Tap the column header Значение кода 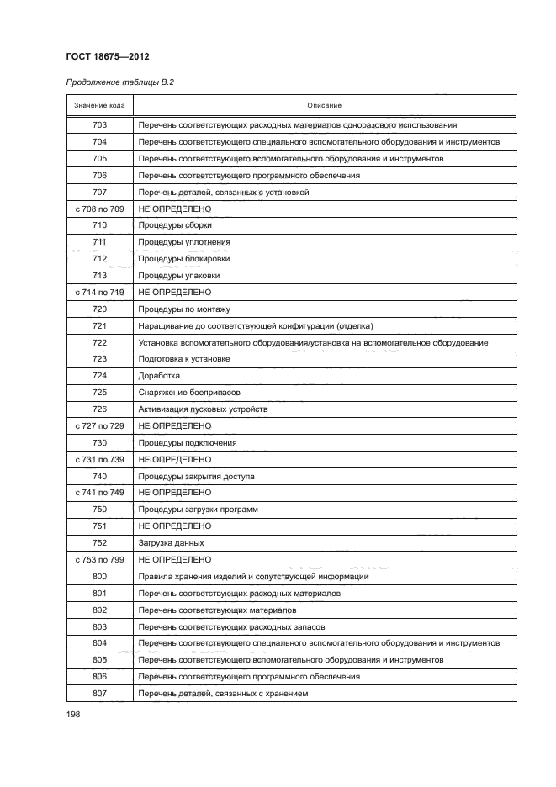99,105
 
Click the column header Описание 324,105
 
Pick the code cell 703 99,125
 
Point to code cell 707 99,192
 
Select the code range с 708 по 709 99,209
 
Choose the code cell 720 99,309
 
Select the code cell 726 99,409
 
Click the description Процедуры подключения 188,442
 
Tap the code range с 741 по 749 99,492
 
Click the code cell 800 99,576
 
